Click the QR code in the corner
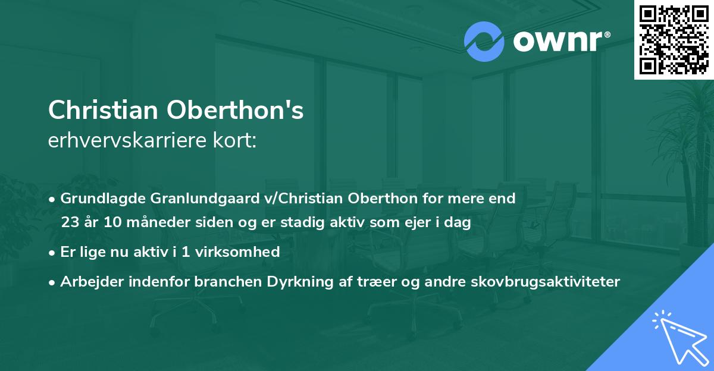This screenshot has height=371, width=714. pos(674,39)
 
